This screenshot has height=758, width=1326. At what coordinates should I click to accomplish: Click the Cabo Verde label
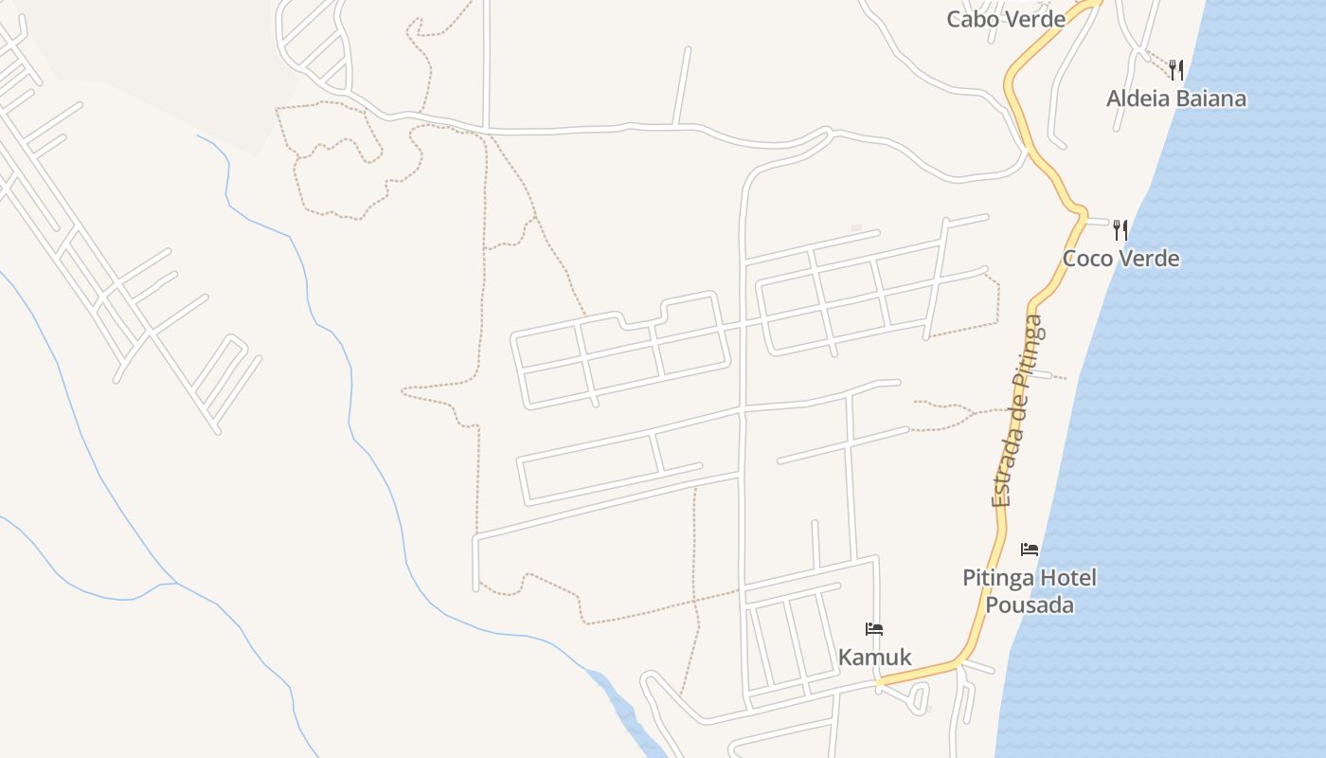click(1006, 19)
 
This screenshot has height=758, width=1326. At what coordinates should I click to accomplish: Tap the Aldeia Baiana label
click(1176, 99)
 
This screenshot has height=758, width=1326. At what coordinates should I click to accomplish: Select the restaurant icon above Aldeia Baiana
click(1176, 69)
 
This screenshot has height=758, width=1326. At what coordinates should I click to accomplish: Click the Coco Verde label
click(1120, 259)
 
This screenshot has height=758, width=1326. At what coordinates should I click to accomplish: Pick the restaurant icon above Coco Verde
click(1120, 229)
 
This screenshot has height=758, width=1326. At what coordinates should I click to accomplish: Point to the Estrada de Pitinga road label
click(1017, 410)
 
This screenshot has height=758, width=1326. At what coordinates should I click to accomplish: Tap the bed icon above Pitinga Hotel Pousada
click(1030, 550)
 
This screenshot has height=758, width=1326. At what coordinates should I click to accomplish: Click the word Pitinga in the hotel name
click(998, 578)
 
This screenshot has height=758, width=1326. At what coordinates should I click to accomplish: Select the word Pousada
click(1030, 605)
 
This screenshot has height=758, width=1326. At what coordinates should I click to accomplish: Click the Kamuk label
click(874, 657)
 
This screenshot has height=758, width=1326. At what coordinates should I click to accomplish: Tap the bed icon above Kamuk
click(874, 629)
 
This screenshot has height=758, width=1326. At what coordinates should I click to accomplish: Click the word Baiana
click(1211, 99)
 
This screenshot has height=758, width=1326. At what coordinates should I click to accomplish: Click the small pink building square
click(856, 228)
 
